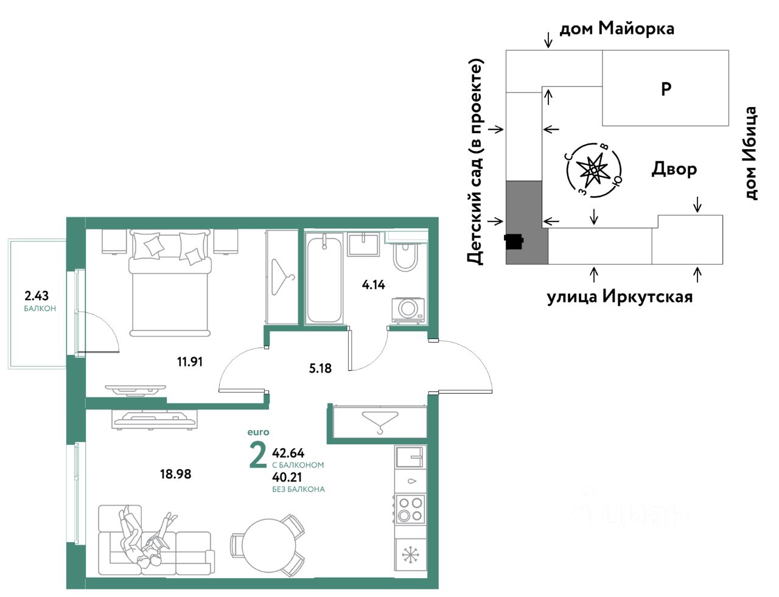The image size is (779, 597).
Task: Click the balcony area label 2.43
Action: [36, 296]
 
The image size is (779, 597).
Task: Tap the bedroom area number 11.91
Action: [190, 362]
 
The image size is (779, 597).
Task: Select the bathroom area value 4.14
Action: [373, 285]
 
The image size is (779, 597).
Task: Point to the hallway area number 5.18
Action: [320, 368]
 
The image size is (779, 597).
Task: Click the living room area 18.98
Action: [175, 475]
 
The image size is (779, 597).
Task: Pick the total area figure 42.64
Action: [288, 453]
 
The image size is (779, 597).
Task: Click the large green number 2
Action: [258, 455]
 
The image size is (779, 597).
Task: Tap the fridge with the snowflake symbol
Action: [411, 554]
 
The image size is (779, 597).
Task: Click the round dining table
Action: [269, 546]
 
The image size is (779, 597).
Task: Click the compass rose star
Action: [594, 170]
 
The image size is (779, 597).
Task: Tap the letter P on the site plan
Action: [666, 88]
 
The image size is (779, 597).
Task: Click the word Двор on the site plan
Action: [674, 169]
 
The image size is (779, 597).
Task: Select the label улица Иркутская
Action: [620, 297]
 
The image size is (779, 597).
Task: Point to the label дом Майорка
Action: [617, 29]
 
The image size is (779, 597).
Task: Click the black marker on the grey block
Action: [514, 242]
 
